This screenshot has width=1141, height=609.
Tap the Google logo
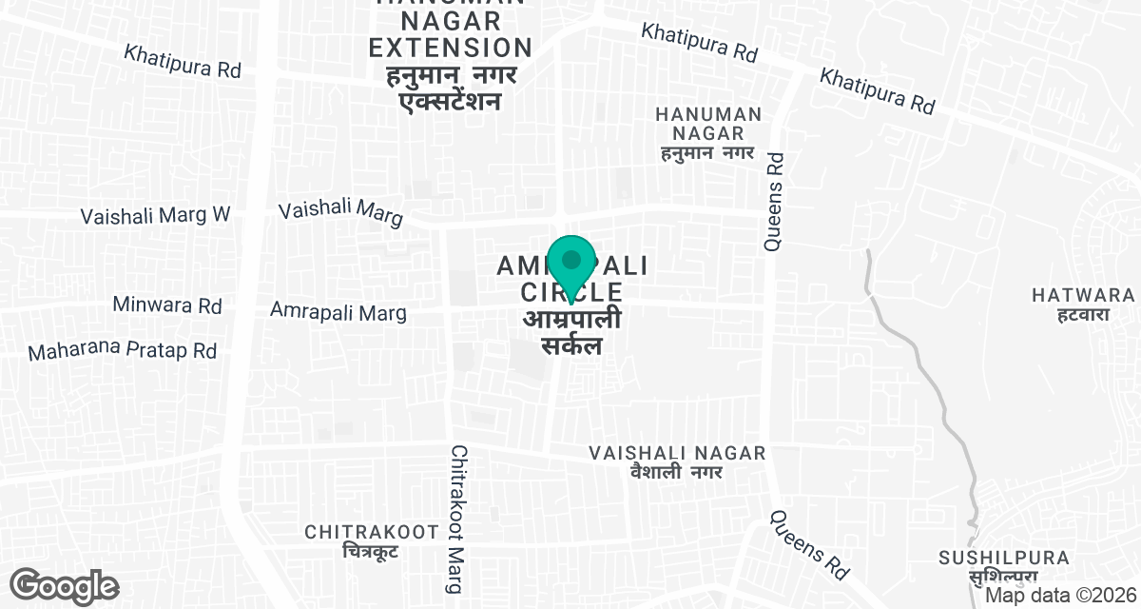click(x=65, y=586)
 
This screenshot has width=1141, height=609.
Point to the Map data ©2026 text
click(x=1061, y=596)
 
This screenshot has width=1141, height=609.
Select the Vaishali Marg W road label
click(x=156, y=215)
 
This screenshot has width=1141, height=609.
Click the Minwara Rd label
click(x=166, y=305)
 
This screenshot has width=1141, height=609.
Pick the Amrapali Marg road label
click(x=338, y=311)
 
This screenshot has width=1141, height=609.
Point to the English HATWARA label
click(x=1083, y=296)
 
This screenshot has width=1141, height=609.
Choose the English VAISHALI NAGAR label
click(x=677, y=453)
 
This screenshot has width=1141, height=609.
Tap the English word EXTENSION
click(x=451, y=47)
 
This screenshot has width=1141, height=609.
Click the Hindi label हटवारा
click(x=1083, y=314)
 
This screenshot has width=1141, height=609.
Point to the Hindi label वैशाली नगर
click(x=676, y=471)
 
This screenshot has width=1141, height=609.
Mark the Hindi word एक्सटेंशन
click(x=450, y=100)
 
